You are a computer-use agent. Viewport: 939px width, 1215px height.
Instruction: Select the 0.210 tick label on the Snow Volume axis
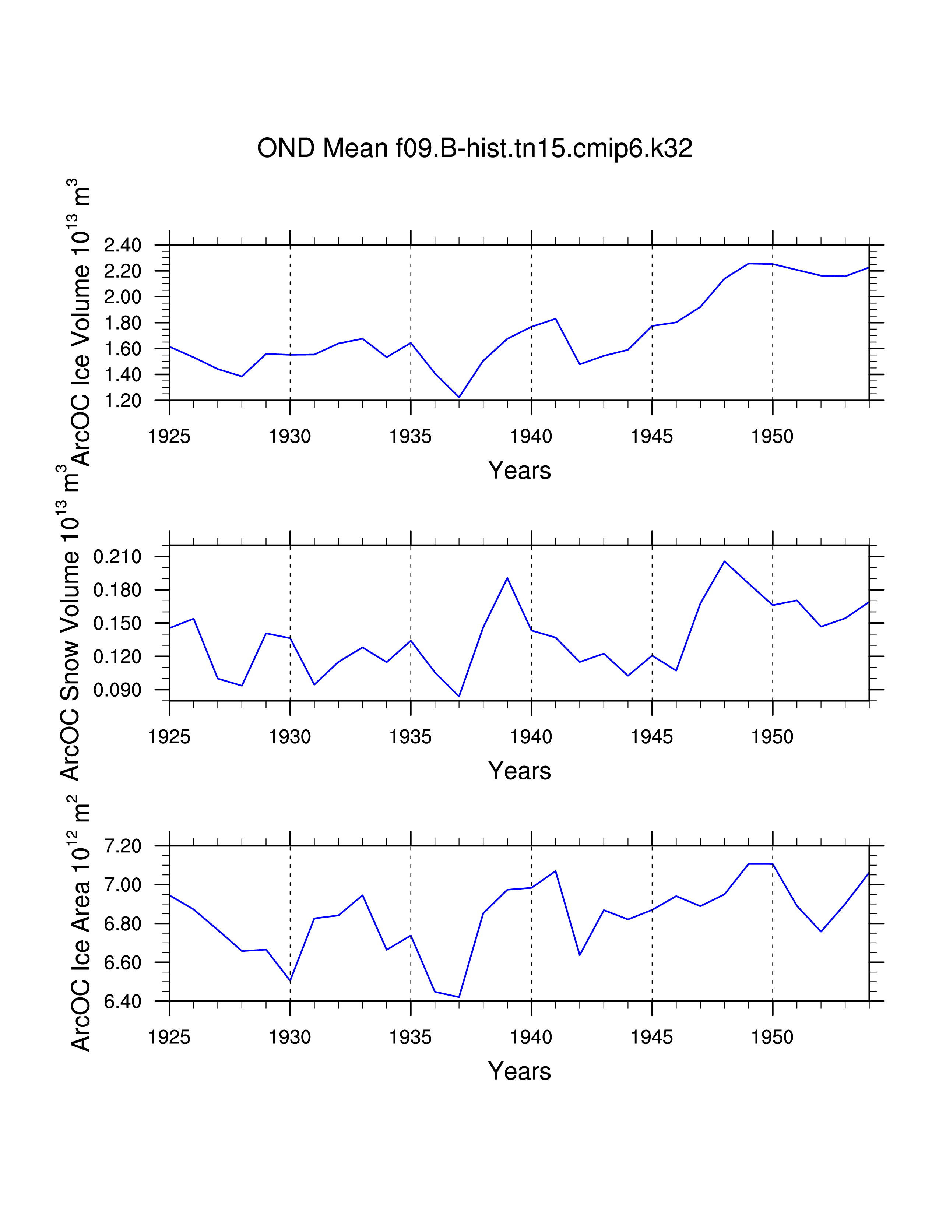click(x=117, y=556)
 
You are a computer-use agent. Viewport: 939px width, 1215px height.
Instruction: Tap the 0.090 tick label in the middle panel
click(x=117, y=690)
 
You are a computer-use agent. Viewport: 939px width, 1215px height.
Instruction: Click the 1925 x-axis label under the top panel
click(x=169, y=437)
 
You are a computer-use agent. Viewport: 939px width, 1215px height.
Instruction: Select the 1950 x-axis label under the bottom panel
click(x=772, y=1038)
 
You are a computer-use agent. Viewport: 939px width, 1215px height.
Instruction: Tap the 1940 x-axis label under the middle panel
click(x=531, y=737)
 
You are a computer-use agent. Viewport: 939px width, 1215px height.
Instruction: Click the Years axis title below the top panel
click(x=519, y=471)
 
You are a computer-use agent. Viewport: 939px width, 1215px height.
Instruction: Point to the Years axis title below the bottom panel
click(x=519, y=1071)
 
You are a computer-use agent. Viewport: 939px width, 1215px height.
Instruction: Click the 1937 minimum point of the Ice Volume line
click(x=459, y=397)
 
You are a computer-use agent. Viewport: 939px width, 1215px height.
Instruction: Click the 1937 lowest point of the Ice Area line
click(x=459, y=997)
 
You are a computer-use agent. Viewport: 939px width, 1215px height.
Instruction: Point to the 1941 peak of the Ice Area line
click(x=556, y=871)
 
